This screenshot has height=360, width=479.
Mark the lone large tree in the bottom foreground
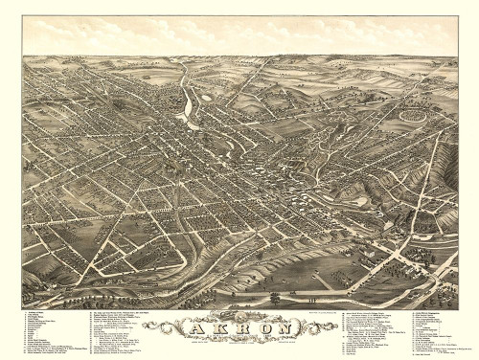click(276, 298)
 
